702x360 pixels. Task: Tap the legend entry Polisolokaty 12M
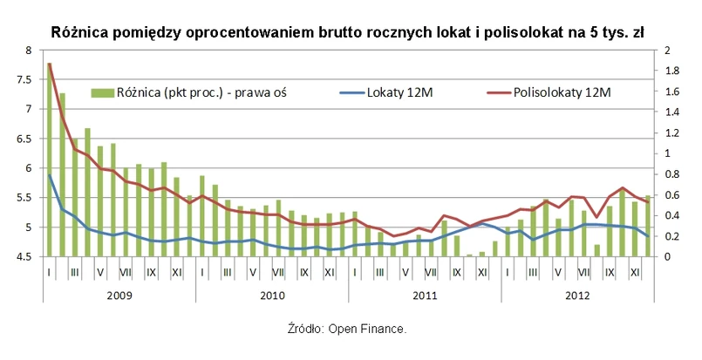[x=562, y=91]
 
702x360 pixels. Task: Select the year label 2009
[x=119, y=296]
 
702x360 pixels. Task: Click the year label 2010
[x=272, y=296]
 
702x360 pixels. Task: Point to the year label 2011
[x=425, y=296]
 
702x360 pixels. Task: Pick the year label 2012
[x=576, y=296]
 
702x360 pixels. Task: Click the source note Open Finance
[x=346, y=329]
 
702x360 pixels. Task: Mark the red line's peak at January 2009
[x=50, y=64]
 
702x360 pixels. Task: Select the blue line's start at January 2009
[x=50, y=175]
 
